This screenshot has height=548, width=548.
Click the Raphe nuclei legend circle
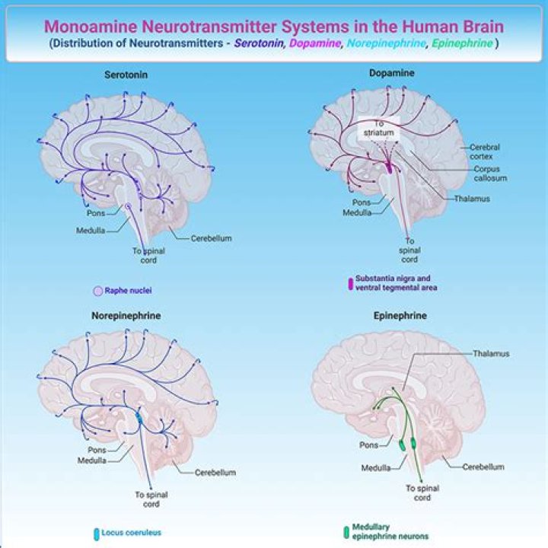click(x=97, y=291)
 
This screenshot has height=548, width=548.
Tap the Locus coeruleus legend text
click(x=131, y=533)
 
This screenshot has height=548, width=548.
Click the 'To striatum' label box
click(x=382, y=128)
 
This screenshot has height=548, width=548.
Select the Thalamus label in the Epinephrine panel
click(x=490, y=354)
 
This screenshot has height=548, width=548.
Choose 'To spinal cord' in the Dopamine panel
click(x=409, y=250)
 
